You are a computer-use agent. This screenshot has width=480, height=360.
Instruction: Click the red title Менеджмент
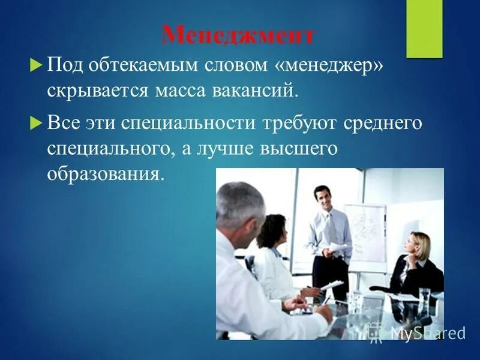[x=238, y=35]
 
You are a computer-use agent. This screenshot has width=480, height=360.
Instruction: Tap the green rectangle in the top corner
[x=424, y=29]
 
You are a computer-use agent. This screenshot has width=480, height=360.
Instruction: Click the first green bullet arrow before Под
[x=35, y=64]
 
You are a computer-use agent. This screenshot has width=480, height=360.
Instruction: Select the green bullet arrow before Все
[x=35, y=123]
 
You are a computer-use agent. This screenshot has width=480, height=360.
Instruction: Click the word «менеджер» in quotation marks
[x=329, y=65]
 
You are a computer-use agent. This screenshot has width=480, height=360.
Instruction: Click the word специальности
[x=189, y=124]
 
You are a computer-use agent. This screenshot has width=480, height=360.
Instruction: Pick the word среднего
[x=383, y=124]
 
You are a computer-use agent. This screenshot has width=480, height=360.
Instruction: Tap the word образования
[x=105, y=175]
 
